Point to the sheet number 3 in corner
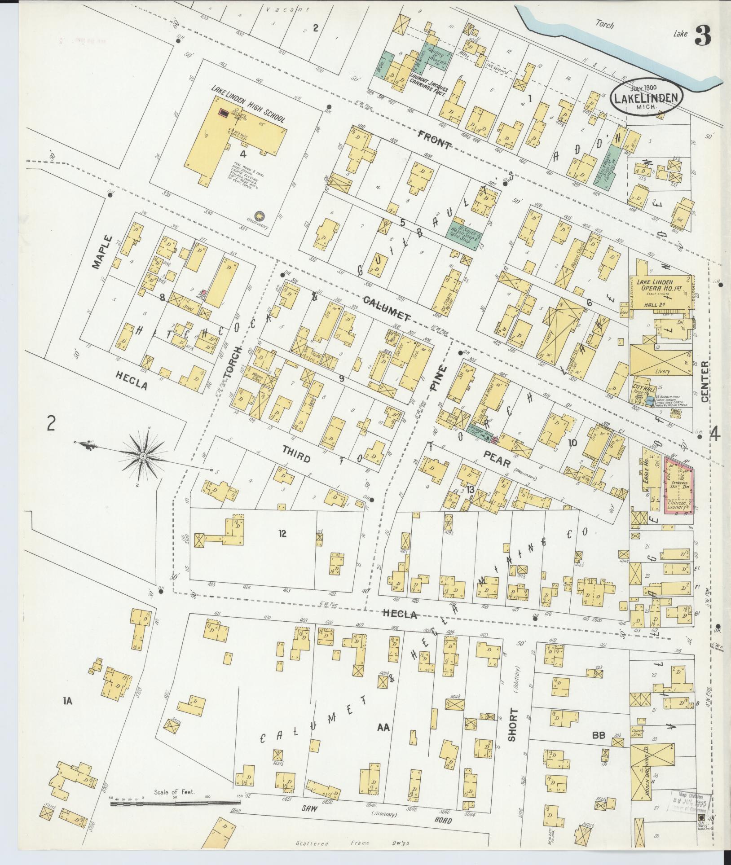[x=703, y=36]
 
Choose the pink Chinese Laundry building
[x=678, y=485]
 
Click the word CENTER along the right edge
[x=704, y=382]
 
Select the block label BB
[x=599, y=735]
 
